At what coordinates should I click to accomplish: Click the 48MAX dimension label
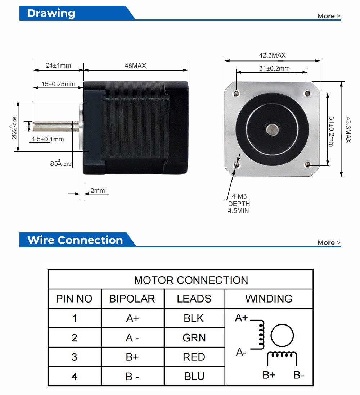135,65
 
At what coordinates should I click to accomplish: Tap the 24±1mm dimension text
58,65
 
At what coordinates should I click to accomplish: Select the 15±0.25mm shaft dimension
58,84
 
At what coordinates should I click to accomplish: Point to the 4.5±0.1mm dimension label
48,139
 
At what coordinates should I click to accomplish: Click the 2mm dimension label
98,191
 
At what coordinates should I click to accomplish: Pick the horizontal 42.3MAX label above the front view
272,55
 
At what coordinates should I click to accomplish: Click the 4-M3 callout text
239,197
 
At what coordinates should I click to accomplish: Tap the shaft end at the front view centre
272,129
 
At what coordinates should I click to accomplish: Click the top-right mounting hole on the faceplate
307,94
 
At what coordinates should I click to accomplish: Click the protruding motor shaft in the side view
54,126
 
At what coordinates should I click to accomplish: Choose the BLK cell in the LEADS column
194,318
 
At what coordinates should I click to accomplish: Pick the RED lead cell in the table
194,357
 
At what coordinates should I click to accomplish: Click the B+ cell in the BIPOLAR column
132,357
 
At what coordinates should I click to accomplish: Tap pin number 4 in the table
75,376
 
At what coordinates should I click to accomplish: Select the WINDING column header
269,299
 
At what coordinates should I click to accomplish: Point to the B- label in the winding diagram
299,375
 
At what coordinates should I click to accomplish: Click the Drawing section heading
51,13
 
